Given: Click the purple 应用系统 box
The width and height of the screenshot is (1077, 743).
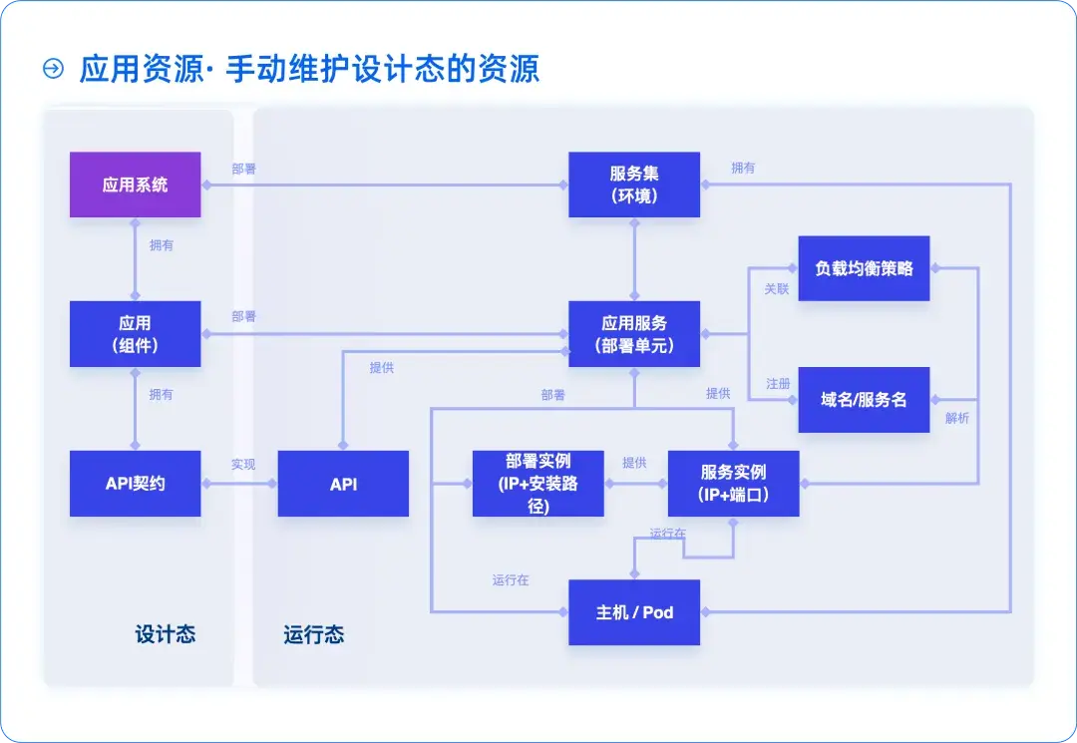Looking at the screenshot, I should point(135,185).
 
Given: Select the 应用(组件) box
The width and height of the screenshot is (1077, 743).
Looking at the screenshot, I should point(135,334).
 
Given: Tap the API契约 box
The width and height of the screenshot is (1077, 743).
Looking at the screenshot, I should point(135,484).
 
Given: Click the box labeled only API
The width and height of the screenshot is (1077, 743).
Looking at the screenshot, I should point(343,484).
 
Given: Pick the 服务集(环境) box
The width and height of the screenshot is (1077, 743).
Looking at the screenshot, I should point(634,185).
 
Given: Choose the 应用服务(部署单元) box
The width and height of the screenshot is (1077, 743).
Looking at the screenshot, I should point(634,334).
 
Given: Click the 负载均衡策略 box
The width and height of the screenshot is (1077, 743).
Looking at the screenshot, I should point(864,268).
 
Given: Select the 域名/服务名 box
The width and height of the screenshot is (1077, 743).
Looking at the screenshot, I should point(864,400).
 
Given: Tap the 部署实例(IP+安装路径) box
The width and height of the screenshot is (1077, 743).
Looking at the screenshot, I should point(538,484).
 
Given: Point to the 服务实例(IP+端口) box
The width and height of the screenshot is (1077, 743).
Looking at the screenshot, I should point(733,484).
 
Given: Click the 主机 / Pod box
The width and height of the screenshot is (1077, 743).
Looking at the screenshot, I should point(634,612).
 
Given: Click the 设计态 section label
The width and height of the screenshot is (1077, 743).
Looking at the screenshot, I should point(165,634).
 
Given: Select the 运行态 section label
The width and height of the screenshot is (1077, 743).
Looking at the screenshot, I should point(313,635).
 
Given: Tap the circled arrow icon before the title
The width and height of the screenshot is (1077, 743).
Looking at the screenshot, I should point(53,69).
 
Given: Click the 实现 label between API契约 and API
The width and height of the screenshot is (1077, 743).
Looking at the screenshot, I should point(243,465).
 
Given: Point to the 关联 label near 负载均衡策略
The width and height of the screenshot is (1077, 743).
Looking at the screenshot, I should point(777,289).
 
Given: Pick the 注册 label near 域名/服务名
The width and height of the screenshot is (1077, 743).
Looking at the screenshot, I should point(778,384).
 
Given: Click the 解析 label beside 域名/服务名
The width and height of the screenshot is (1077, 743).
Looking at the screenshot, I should point(956,418).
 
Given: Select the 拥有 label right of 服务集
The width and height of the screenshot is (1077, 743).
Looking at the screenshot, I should point(743,169).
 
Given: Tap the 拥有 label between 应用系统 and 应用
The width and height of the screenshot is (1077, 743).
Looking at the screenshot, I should point(161,245).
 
